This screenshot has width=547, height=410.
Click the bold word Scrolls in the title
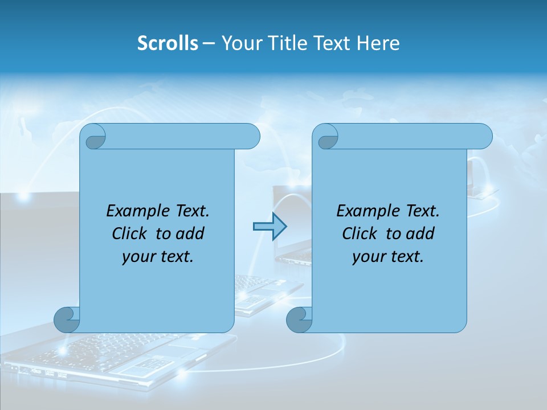[168, 43]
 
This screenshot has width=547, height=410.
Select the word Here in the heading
[378, 43]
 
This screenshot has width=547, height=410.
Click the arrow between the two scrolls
[270, 227]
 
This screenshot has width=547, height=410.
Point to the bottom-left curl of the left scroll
[66, 319]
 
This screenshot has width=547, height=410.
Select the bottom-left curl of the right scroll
[299, 319]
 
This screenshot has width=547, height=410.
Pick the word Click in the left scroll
[130, 233]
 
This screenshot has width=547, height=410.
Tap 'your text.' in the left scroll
[158, 257]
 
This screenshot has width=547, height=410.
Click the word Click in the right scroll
[360, 233]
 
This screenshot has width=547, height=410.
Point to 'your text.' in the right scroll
[388, 257]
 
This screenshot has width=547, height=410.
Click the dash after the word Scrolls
[209, 43]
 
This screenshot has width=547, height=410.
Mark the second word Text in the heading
[332, 43]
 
